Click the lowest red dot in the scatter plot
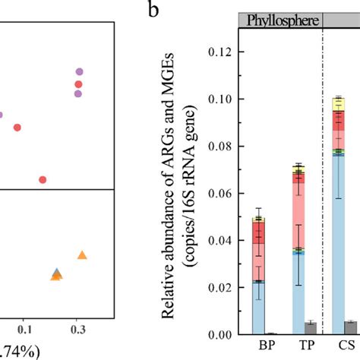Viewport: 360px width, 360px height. (43, 180)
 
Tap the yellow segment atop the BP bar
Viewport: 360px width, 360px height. (259, 219)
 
